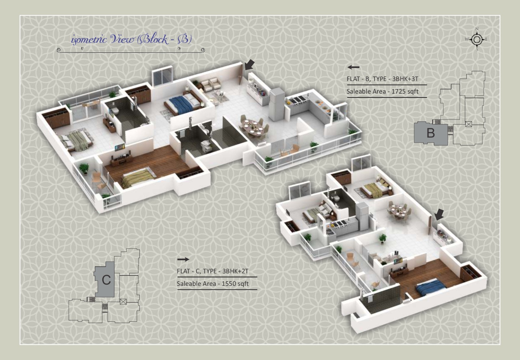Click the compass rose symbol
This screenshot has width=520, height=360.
[477, 39]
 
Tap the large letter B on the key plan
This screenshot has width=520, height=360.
[431, 133]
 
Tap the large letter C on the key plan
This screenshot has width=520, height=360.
[106, 280]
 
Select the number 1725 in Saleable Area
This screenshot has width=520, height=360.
[398, 91]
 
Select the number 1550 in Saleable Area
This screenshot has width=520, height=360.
[228, 284]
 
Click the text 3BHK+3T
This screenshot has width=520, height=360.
[405, 79]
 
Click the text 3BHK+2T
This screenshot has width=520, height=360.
[235, 271]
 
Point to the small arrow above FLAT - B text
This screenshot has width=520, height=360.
[353, 67]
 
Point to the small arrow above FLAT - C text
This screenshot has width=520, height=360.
[183, 259]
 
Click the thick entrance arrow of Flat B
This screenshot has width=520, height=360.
[250, 65]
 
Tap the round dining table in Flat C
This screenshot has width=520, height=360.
[399, 211]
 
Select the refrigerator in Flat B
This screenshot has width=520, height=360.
[277, 104]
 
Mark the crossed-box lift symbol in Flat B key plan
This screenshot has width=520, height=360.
[469, 124]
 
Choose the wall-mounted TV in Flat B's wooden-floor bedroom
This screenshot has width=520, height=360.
[120, 147]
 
